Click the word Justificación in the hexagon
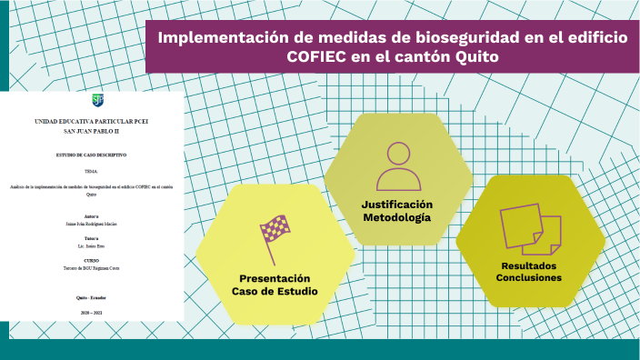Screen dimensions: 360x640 click(397, 204)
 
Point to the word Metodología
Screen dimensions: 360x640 click(397, 217)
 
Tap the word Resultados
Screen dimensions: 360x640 click(528, 265)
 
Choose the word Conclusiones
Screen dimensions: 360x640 click(528, 277)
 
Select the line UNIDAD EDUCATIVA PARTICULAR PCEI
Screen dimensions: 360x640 click(90, 121)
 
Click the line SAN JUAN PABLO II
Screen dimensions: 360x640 click(90, 133)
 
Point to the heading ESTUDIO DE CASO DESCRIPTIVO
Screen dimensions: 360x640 click(90, 156)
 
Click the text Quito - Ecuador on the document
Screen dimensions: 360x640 click(90, 297)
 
